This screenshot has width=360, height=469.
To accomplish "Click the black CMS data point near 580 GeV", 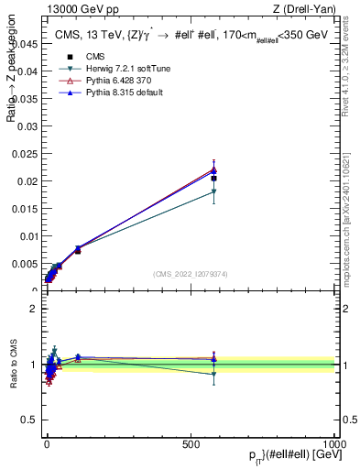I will click(213, 178).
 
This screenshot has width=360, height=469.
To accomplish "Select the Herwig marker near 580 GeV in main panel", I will click(213, 191).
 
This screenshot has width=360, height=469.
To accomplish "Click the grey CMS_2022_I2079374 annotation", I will click(191, 273).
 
